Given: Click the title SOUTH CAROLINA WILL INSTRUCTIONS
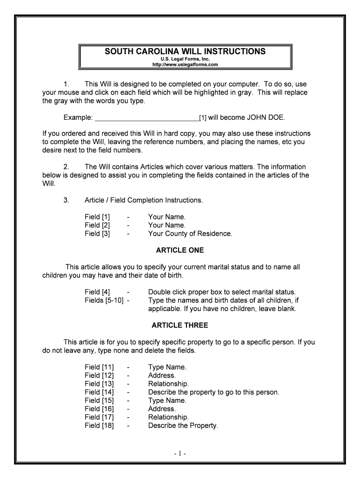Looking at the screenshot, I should point(185,51).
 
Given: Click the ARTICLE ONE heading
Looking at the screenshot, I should point(180,250).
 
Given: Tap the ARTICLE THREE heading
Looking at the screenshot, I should point(180,325).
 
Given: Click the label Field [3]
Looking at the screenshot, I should point(97,233).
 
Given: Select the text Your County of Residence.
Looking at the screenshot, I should point(190,233).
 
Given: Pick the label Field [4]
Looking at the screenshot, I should point(97,292).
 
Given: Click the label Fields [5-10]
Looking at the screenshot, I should point(104,300).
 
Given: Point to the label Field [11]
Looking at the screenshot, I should point(99,367).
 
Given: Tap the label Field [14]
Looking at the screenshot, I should point(99,392).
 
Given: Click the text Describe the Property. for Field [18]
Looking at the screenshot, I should point(183,426).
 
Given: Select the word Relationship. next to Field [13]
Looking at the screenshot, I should point(168,384).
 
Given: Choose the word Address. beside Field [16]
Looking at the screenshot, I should point(162,409).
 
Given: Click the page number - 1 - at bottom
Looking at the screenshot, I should point(180,454).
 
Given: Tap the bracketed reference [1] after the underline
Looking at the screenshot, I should point(203,117).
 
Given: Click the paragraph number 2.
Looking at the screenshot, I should point(66,167).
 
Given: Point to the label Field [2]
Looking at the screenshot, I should point(97,225).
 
